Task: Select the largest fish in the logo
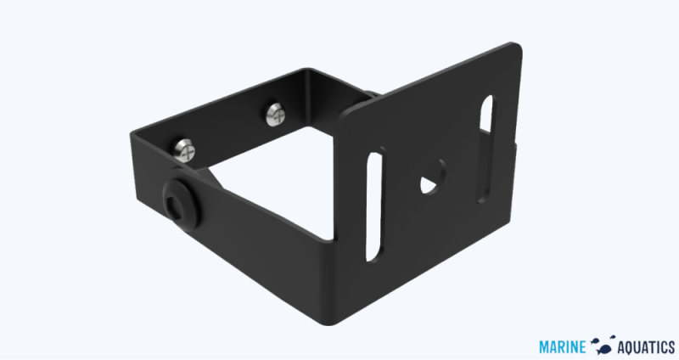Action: tap(604, 346)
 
